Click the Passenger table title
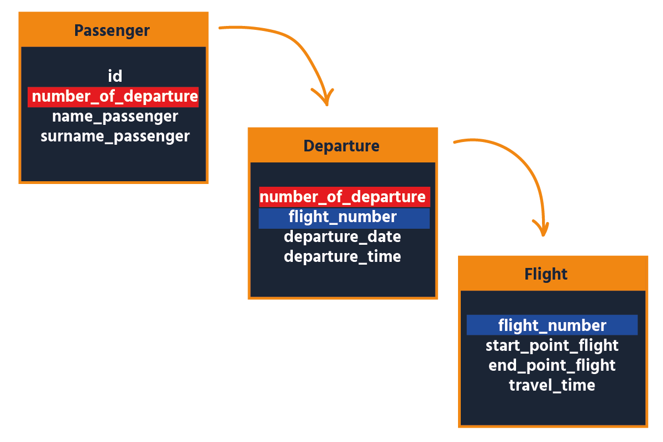(x=112, y=30)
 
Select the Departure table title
(x=341, y=146)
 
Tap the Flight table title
(x=546, y=274)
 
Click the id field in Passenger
(x=115, y=76)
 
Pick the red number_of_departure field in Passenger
(x=114, y=97)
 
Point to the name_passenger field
(x=115, y=117)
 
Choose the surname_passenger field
(x=115, y=136)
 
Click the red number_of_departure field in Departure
(x=343, y=197)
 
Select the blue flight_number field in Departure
(x=343, y=217)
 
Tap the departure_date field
(x=343, y=237)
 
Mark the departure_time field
(x=343, y=257)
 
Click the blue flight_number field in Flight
(x=552, y=325)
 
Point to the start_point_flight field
(x=552, y=346)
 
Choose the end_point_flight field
(x=552, y=366)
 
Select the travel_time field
(x=552, y=386)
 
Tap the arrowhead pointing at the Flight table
(x=543, y=229)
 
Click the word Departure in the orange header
(x=341, y=146)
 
